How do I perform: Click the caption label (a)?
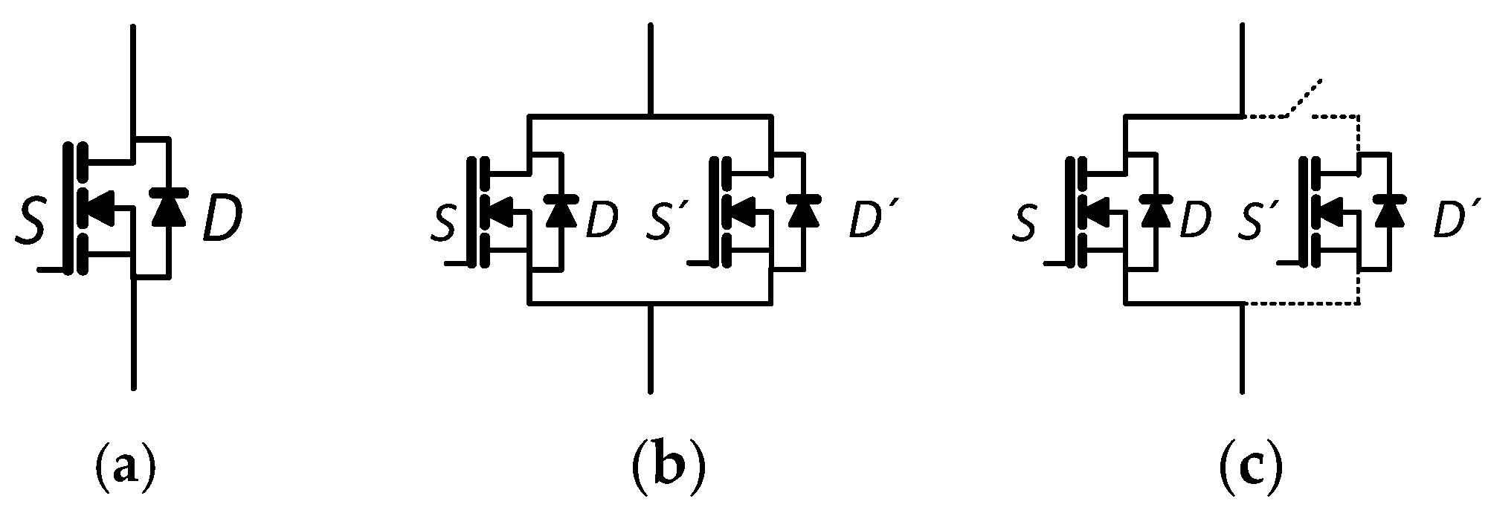[x=125, y=468]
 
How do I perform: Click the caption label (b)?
[x=667, y=468]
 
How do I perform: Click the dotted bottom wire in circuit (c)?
[x=1301, y=304]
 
